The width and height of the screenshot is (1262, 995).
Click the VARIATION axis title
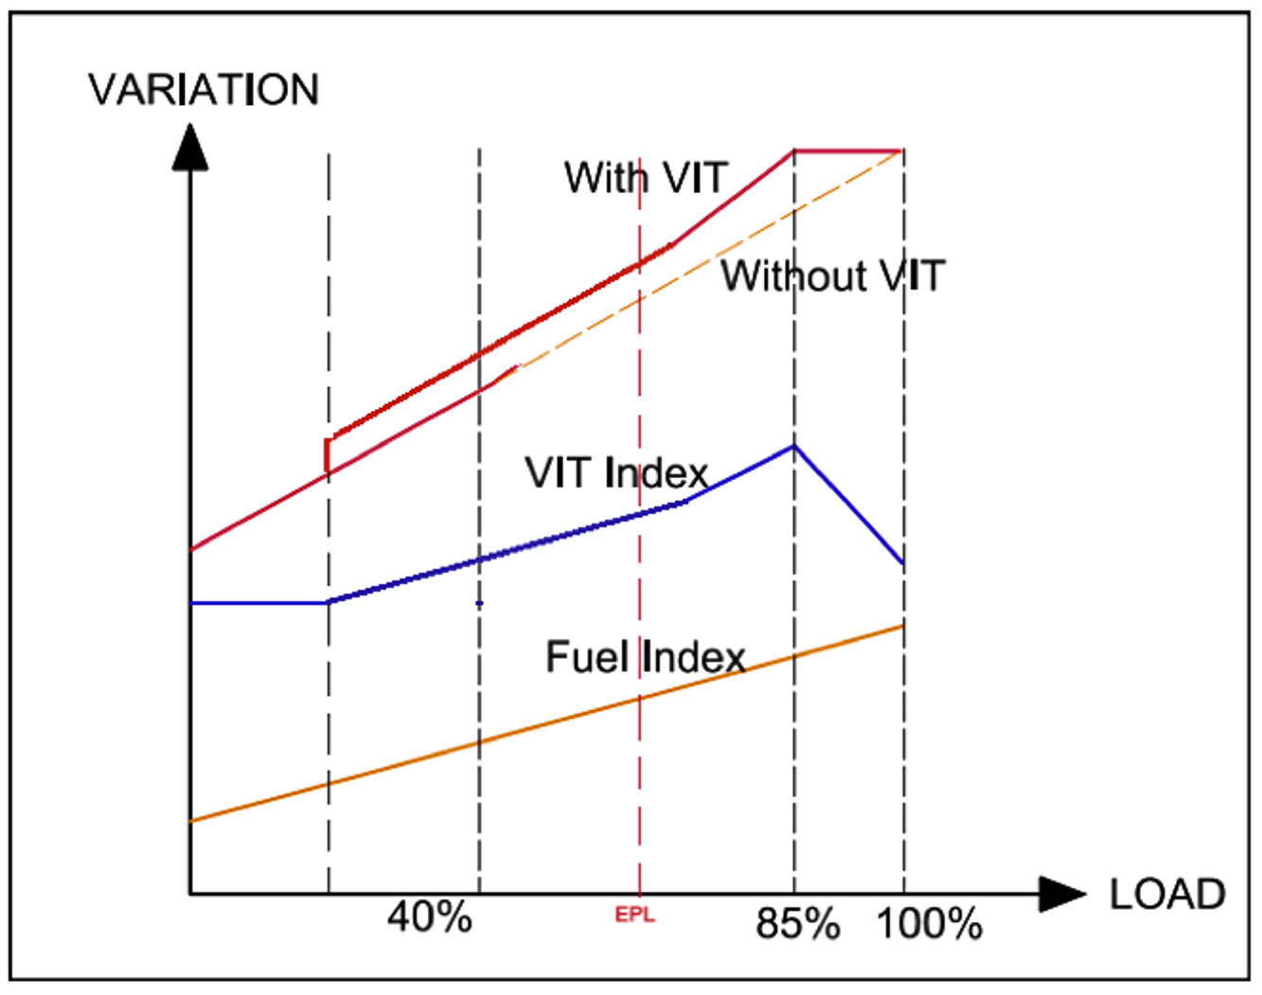coord(204,90)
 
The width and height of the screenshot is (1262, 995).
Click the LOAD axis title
coord(1166,895)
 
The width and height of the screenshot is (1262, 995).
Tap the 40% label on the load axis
coord(430,916)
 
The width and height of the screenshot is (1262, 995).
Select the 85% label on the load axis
coord(797,924)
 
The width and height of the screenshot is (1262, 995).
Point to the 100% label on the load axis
coord(929,924)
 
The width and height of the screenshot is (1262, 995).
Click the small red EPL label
coord(634,915)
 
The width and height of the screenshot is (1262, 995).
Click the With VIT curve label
coord(646,178)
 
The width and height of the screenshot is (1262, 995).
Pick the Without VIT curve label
coord(833,276)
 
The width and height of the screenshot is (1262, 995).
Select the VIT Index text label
coord(616,472)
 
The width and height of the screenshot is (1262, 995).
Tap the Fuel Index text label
coord(646,657)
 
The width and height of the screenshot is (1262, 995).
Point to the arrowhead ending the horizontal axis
coord(1062,894)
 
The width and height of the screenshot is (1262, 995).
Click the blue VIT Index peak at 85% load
coord(794,446)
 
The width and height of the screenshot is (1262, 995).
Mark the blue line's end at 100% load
coord(903,564)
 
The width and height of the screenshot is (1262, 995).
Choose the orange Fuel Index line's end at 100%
coord(903,626)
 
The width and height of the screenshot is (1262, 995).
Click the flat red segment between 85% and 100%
coord(848,151)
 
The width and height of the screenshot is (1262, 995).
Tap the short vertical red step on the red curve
coord(328,454)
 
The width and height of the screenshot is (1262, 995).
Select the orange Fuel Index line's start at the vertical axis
coord(191,821)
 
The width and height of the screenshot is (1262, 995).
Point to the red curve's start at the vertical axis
coord(191,550)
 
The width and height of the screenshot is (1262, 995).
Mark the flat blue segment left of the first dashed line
coord(258,603)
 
